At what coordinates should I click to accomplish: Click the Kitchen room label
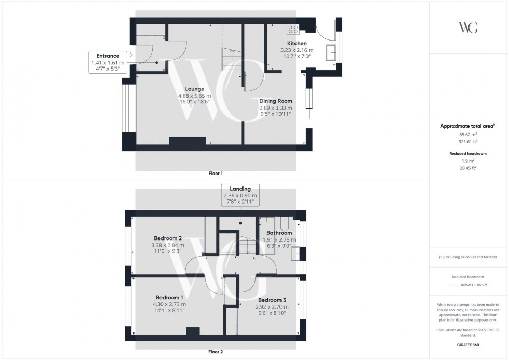click(x=297, y=43)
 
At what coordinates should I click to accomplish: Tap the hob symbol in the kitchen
click(x=292, y=30)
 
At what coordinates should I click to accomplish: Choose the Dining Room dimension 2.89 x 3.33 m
click(x=275, y=108)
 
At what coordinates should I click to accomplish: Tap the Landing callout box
click(x=240, y=195)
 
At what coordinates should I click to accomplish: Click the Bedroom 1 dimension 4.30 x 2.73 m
click(x=169, y=304)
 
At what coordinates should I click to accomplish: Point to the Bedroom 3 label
click(x=273, y=300)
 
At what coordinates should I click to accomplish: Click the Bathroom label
click(x=279, y=233)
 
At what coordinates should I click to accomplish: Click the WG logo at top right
click(x=468, y=28)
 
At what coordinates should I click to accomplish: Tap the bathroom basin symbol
click(x=296, y=253)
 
